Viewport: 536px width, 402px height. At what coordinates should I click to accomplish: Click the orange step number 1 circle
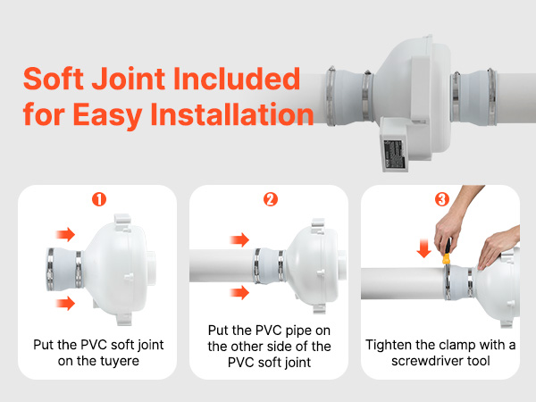99,200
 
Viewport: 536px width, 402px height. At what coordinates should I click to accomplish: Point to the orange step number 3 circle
440,200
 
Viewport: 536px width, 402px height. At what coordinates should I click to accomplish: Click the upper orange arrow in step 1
66,235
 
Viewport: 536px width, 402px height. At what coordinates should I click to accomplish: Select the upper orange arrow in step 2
239,240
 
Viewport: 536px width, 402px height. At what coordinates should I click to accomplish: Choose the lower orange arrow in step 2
239,293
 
